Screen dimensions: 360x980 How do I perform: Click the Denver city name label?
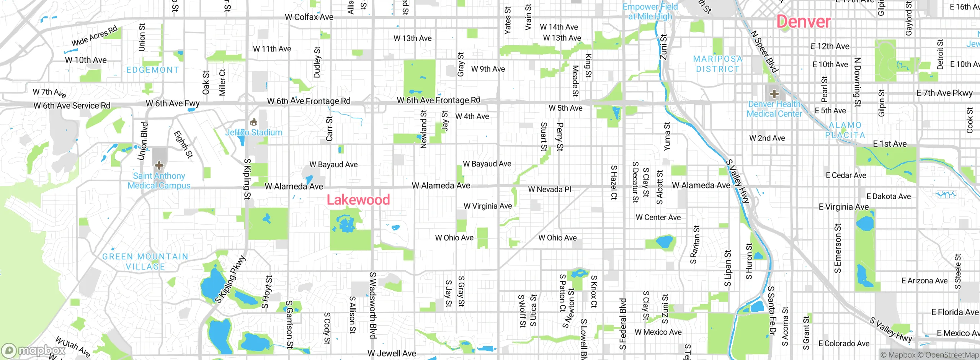[804, 21]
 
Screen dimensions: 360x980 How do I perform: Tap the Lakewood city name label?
[358, 200]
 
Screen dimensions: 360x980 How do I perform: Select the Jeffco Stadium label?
[254, 133]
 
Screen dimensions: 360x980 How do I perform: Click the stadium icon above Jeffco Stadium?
[253, 123]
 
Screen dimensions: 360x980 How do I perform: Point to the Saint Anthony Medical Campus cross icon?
[159, 165]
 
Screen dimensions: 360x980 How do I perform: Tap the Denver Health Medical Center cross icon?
[774, 94]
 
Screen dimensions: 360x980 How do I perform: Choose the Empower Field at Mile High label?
[650, 11]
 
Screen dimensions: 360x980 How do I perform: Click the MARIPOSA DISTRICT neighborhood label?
[718, 64]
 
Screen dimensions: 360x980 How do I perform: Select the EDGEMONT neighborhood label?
[153, 70]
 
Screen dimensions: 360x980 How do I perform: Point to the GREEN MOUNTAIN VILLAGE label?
[145, 262]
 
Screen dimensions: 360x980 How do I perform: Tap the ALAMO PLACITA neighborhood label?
[845, 130]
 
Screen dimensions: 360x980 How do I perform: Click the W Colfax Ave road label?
[309, 17]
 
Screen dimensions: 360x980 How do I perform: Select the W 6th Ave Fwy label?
[173, 103]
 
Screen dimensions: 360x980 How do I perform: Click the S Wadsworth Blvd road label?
[372, 305]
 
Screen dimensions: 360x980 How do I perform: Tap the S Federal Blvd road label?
[623, 324]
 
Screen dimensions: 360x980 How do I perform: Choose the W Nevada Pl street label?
[549, 190]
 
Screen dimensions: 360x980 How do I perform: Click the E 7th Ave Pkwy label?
[944, 93]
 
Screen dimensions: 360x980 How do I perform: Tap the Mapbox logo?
[33, 350]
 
